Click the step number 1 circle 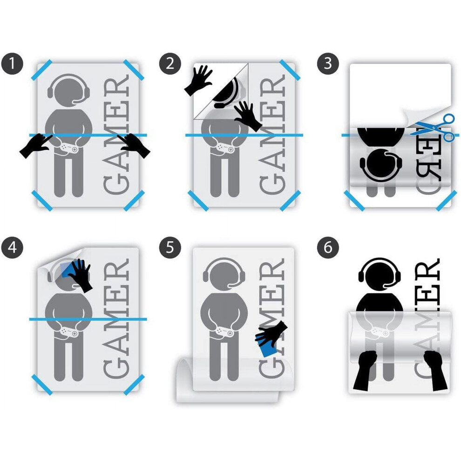(x=12, y=63)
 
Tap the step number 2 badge (x=170, y=63)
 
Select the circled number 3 (x=328, y=63)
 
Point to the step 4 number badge (x=12, y=248)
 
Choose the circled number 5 (x=170, y=248)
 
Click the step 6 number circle (x=328, y=248)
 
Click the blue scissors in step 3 (x=433, y=128)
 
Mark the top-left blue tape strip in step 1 (x=42, y=70)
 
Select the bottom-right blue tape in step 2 (x=290, y=201)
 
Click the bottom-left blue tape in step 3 (x=354, y=201)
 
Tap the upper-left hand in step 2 (x=198, y=80)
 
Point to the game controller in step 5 (x=225, y=332)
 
